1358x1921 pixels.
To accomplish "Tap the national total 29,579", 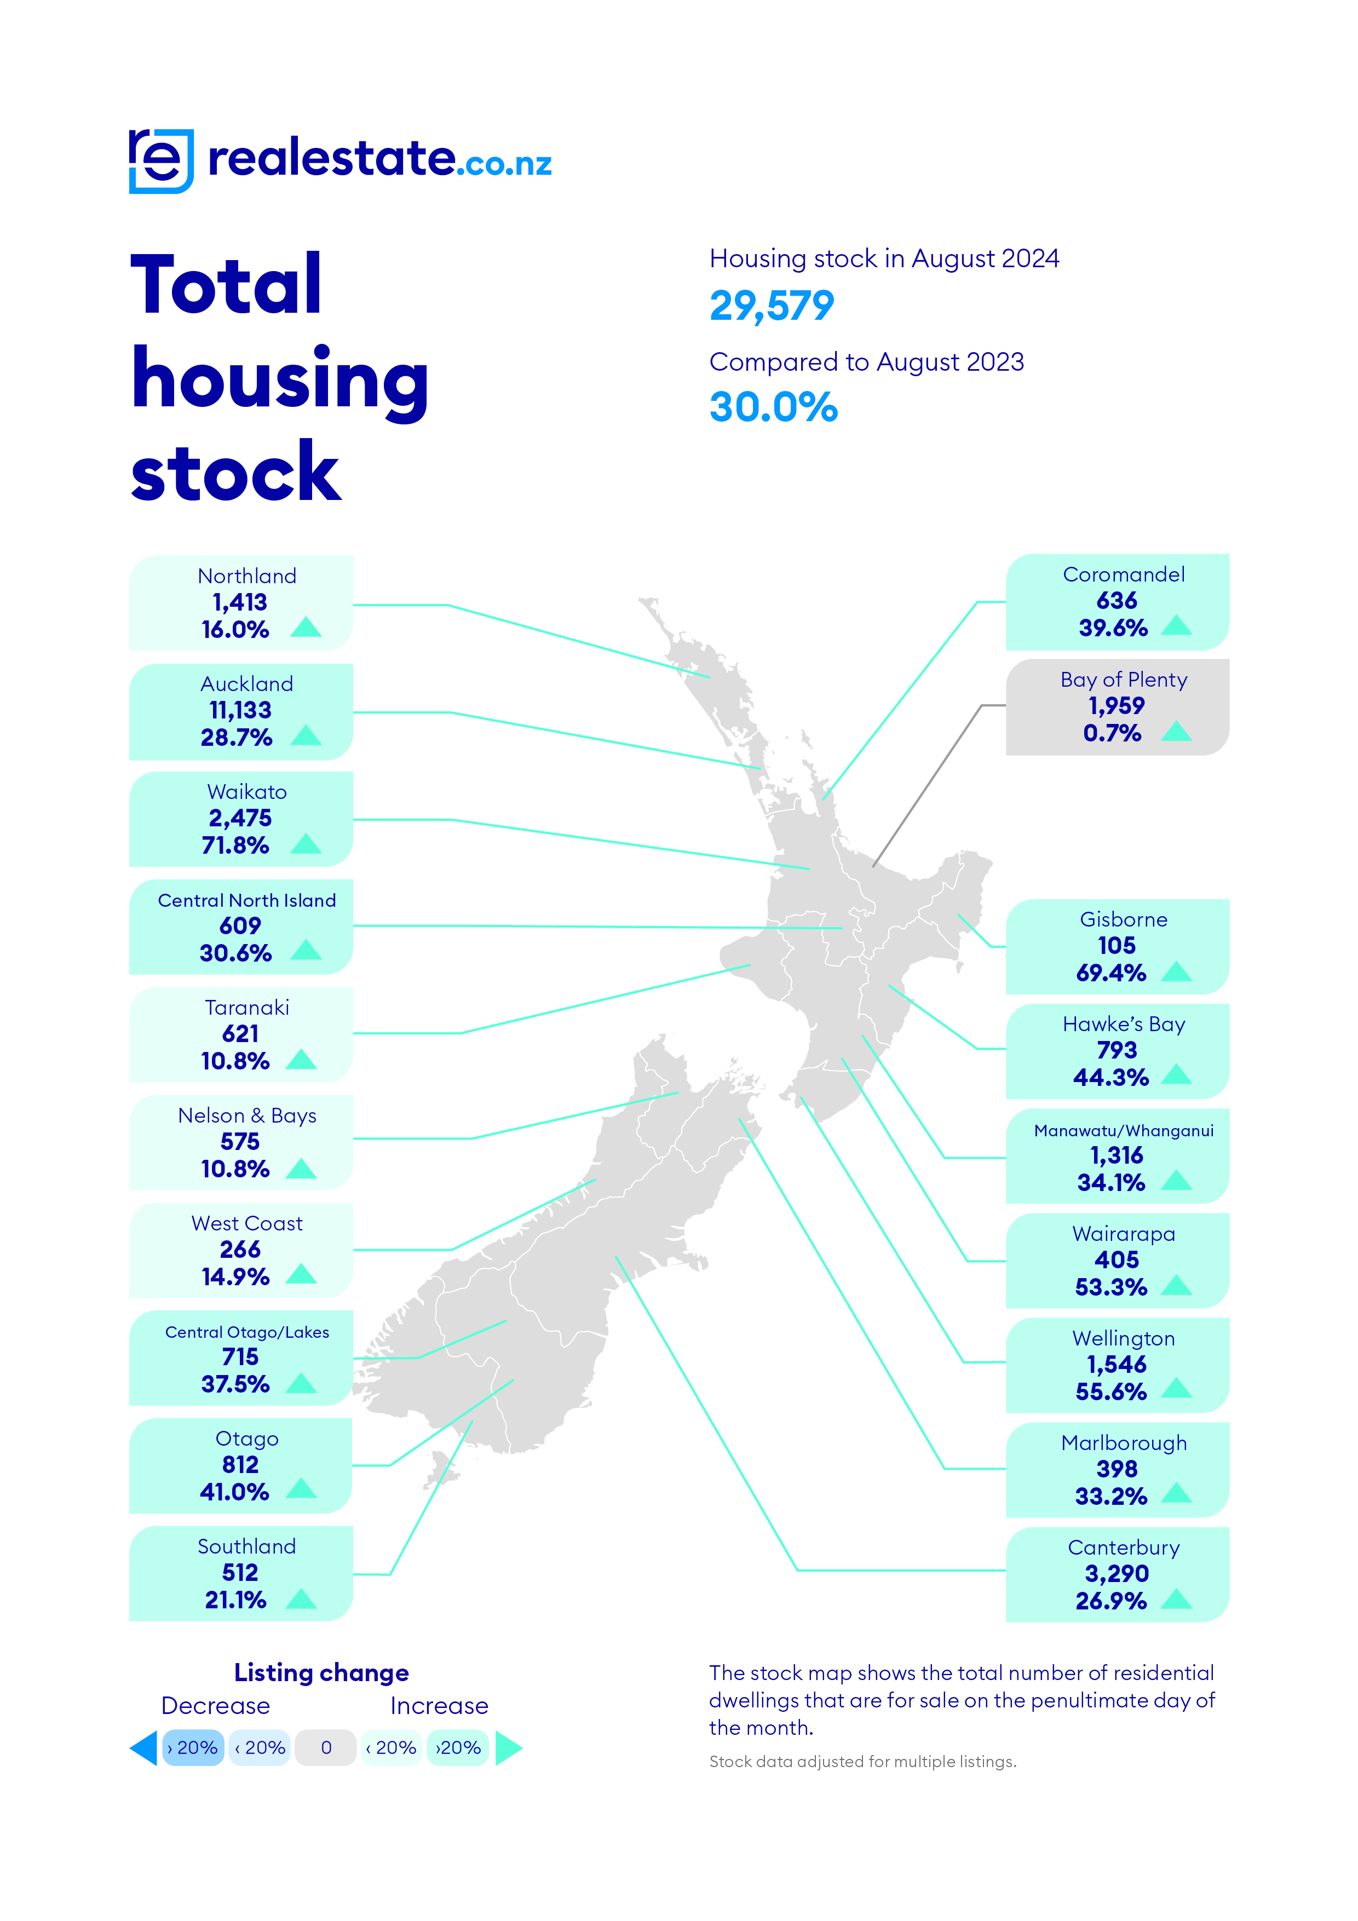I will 772,306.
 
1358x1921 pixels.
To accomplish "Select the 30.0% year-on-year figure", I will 773,407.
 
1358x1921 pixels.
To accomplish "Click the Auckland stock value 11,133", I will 240,710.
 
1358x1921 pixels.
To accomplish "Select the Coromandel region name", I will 1123,575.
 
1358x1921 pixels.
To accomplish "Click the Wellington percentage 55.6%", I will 1110,1391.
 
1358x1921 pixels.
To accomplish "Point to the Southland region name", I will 247,1546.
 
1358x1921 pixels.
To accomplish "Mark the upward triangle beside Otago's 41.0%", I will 301,1489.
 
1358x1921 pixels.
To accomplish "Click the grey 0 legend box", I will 326,1748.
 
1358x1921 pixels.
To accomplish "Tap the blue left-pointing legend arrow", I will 144,1748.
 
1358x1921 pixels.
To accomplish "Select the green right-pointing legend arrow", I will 508,1748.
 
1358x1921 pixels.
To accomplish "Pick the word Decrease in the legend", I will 215,1705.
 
